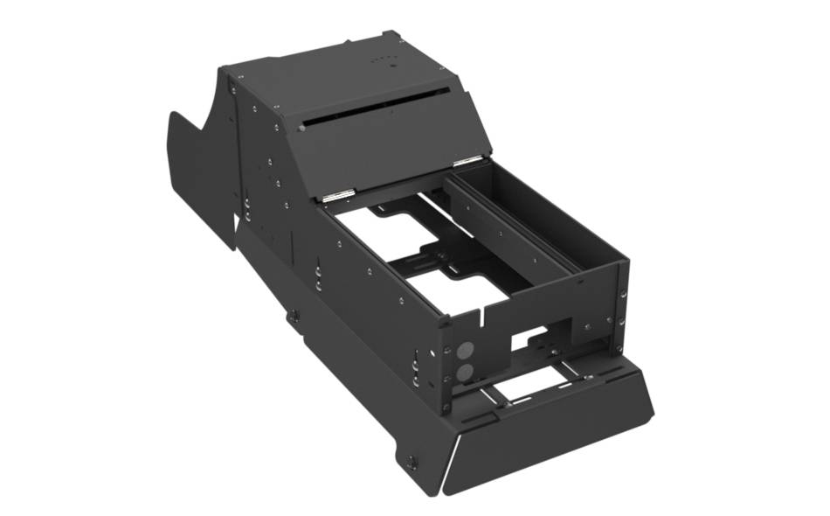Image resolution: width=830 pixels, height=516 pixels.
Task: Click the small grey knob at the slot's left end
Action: (302, 129)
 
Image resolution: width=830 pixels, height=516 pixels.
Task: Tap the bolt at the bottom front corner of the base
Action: (412, 462)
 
